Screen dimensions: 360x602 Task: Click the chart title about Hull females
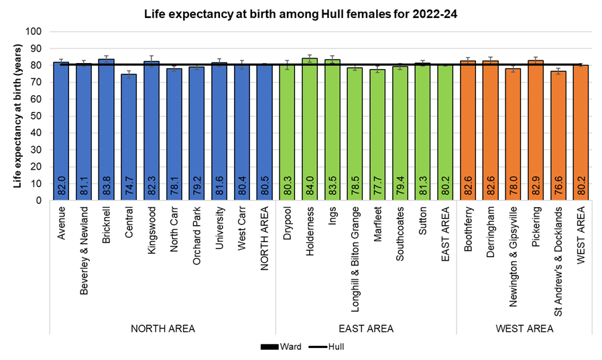point(301,13)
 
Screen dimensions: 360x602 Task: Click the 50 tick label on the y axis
point(36,116)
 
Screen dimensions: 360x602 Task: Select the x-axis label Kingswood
point(151,227)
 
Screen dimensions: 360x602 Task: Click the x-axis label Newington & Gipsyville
point(514,248)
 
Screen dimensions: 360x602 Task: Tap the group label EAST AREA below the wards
point(366,328)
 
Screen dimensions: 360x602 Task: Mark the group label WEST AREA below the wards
point(525,328)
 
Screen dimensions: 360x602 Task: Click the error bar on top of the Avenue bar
point(60,62)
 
